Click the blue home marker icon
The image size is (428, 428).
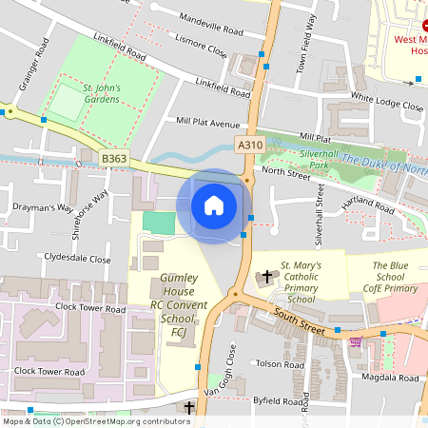[x=214, y=205]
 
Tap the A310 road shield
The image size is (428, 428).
[x=248, y=144]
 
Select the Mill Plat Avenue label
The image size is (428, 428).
[x=195, y=123]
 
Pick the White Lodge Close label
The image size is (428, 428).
[x=386, y=107]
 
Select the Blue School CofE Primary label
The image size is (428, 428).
[x=395, y=277]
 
